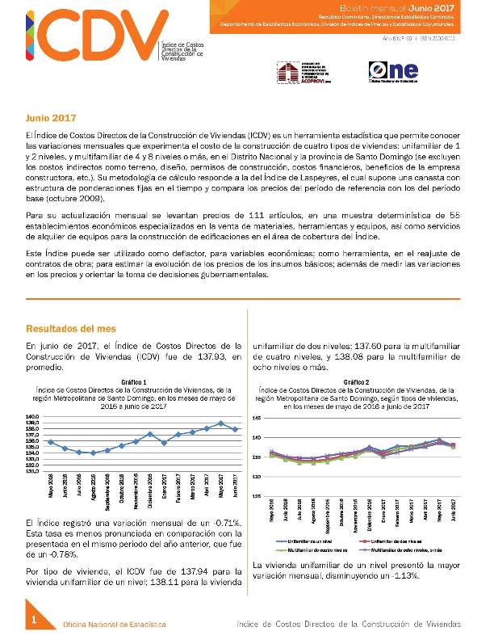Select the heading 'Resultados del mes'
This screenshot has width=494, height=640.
click(70, 329)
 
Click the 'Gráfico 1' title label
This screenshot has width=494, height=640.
click(134, 381)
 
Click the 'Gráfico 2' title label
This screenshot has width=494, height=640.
click(356, 381)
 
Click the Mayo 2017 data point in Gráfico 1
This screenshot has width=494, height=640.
click(221, 423)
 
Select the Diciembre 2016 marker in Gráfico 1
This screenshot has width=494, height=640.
click(150, 434)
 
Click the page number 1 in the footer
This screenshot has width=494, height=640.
click(35, 620)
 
